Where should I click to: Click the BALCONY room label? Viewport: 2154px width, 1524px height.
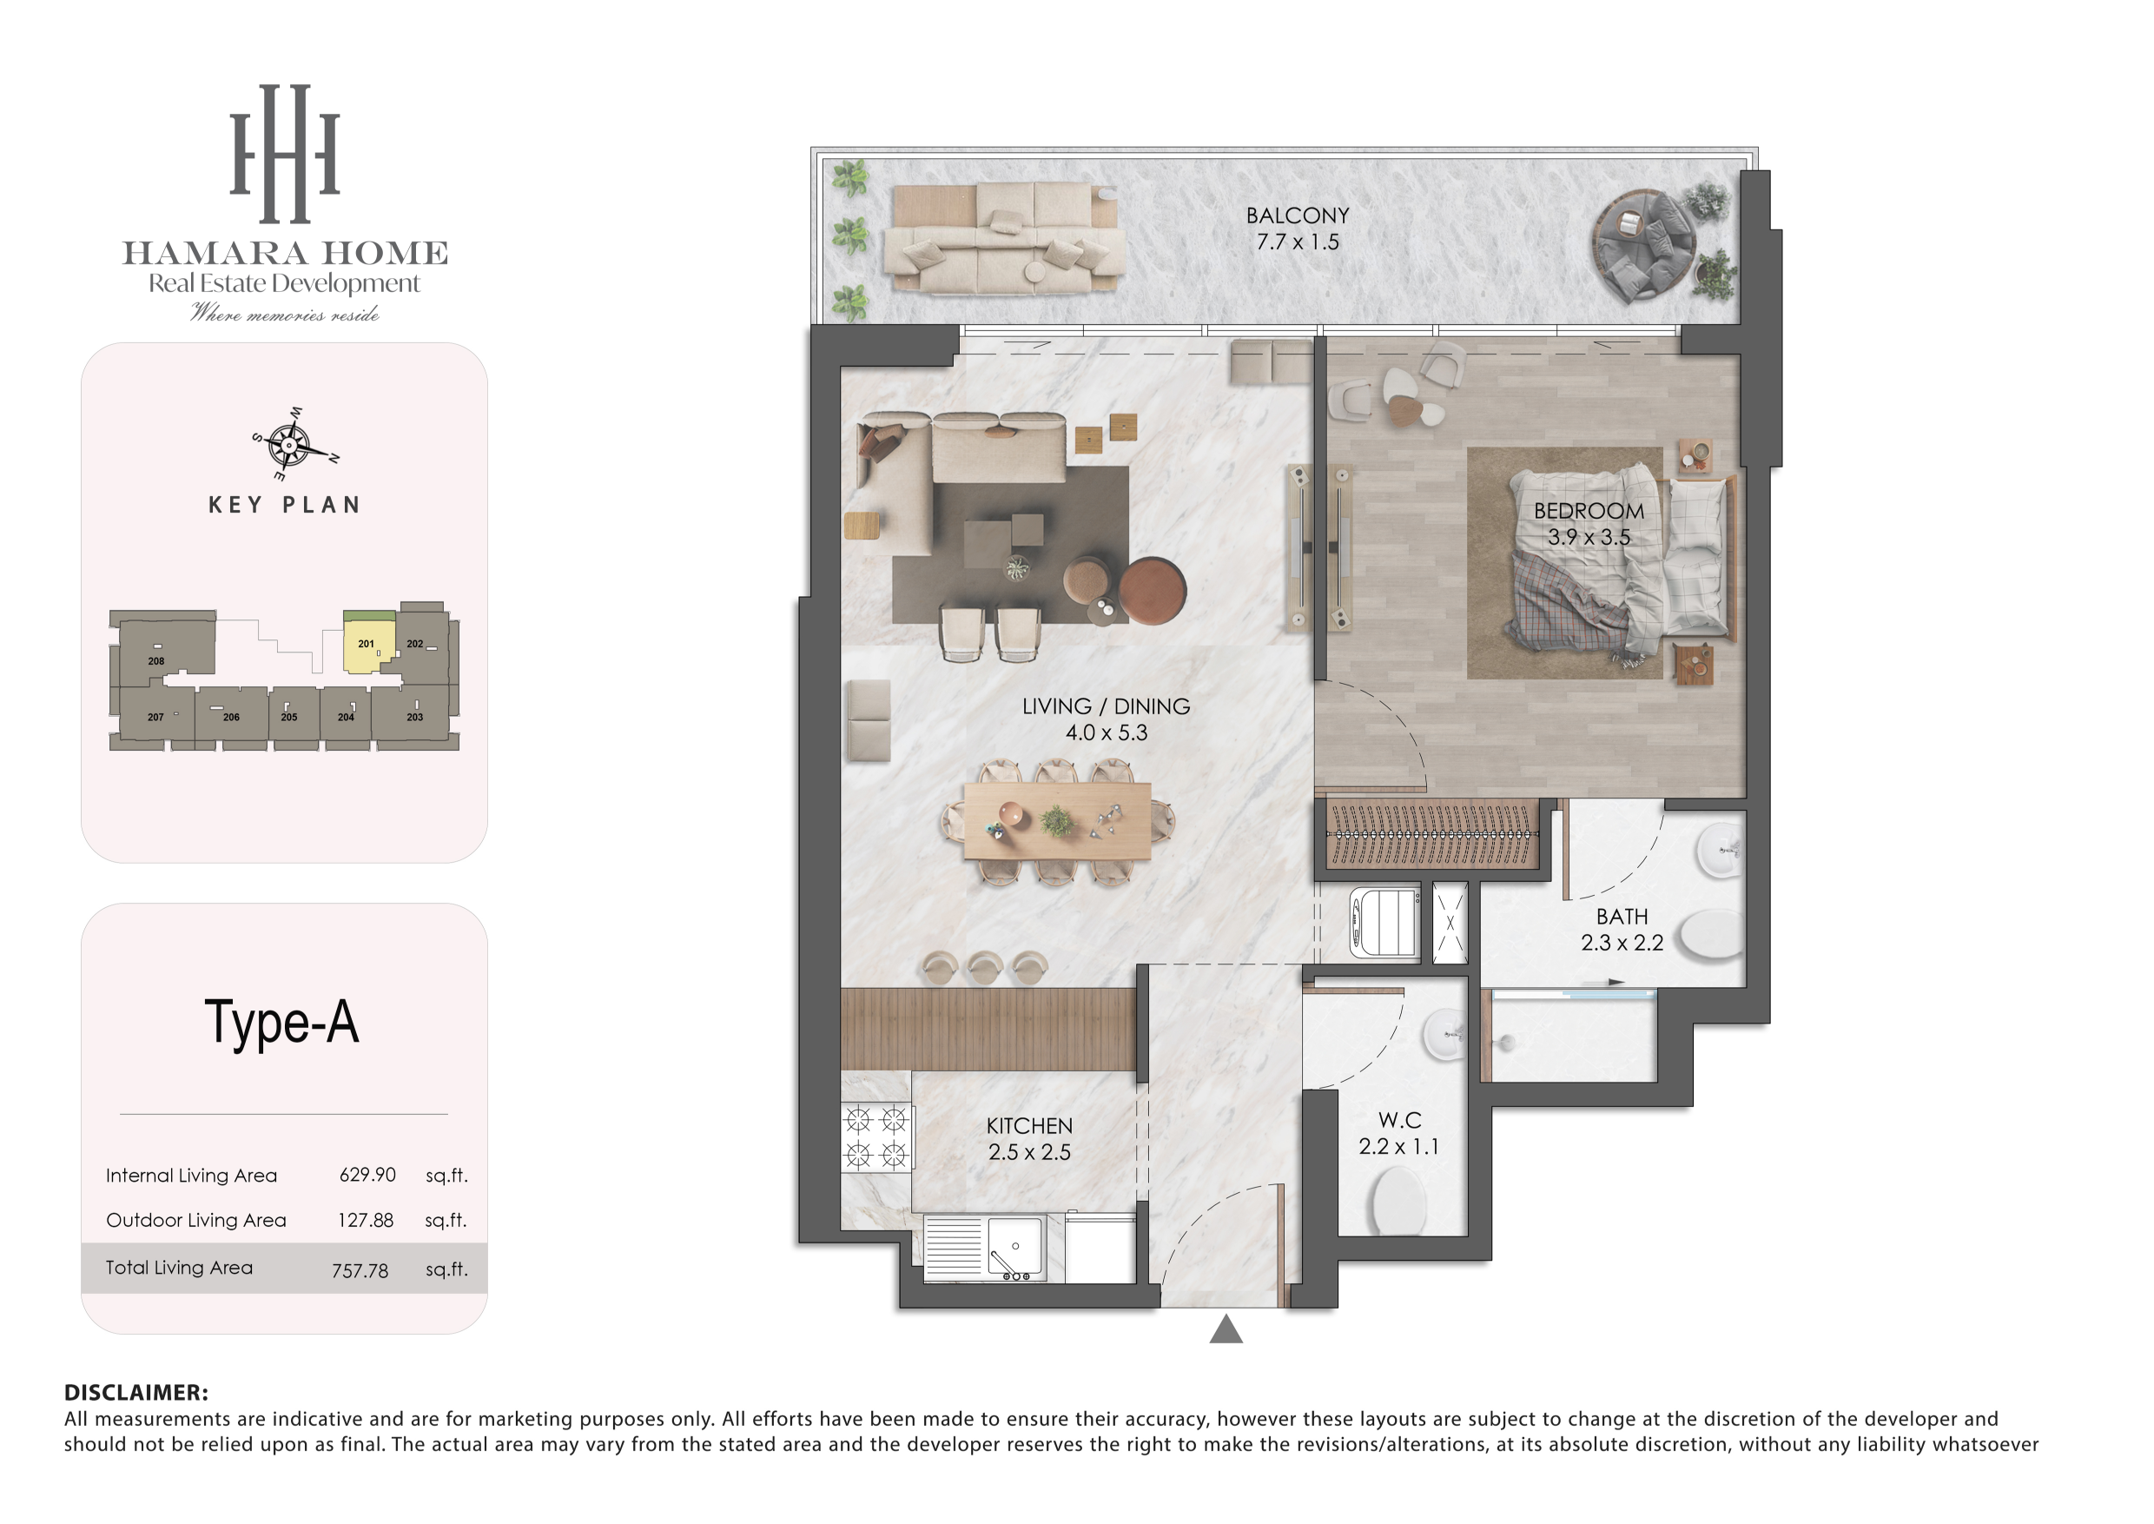pyautogui.click(x=1298, y=215)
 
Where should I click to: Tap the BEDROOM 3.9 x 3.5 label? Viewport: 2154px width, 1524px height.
pyautogui.click(x=1589, y=524)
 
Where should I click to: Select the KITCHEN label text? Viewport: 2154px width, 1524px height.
pyautogui.click(x=1029, y=1126)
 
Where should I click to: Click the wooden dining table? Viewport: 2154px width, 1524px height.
pyautogui.click(x=1057, y=821)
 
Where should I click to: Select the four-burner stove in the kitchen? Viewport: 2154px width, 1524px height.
pyautogui.click(x=876, y=1136)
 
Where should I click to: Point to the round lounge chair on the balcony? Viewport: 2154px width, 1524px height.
pyautogui.click(x=1643, y=246)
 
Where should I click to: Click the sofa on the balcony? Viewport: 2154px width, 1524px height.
pyautogui.click(x=1004, y=239)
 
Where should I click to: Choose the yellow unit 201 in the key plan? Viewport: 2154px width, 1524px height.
pyautogui.click(x=367, y=644)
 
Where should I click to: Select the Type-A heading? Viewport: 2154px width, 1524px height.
pyautogui.click(x=281, y=1023)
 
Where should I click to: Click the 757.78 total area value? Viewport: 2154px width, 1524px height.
pyautogui.click(x=360, y=1270)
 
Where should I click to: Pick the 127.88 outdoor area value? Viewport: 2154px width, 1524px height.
pyautogui.click(x=366, y=1220)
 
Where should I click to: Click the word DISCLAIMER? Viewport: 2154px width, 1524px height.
pyautogui.click(x=136, y=1393)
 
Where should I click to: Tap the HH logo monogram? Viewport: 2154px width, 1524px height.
pyautogui.click(x=285, y=154)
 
